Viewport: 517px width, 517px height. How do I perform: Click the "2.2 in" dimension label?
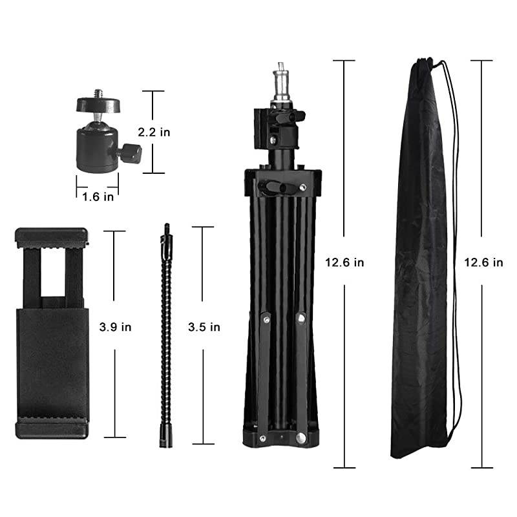154,132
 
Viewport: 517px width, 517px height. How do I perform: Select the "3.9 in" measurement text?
115,327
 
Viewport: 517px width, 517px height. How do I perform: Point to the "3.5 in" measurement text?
204,327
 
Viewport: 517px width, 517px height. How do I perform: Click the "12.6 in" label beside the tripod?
344,262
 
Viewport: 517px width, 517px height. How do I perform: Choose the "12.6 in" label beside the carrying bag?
483,262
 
